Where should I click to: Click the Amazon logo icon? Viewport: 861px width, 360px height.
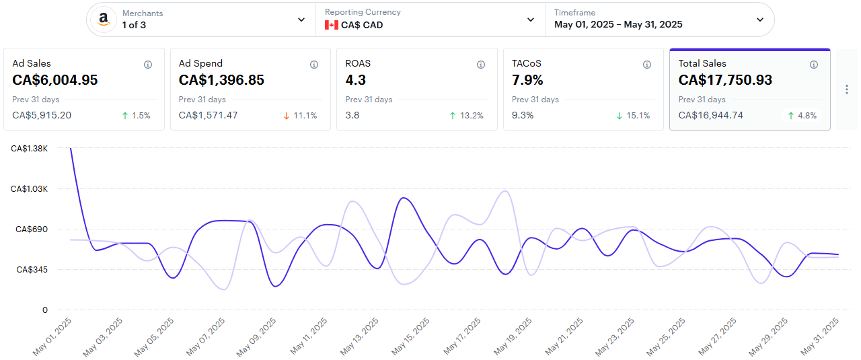click(x=103, y=20)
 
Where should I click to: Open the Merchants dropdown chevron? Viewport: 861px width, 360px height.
click(x=301, y=20)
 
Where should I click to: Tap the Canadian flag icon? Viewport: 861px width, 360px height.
click(x=331, y=25)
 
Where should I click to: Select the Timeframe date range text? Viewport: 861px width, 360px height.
click(x=618, y=25)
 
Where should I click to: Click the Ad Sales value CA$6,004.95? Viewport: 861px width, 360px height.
click(x=55, y=80)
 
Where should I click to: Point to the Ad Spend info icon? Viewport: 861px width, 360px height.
click(x=314, y=65)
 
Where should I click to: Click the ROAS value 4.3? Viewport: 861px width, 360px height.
click(x=355, y=80)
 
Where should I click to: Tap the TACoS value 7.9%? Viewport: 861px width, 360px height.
click(x=528, y=80)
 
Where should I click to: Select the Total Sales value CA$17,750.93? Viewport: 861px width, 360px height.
click(x=725, y=80)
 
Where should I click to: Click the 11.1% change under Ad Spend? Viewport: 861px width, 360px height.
click(x=305, y=116)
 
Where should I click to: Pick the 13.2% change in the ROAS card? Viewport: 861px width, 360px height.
click(x=471, y=116)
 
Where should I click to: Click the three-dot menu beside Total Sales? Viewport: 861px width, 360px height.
click(x=846, y=89)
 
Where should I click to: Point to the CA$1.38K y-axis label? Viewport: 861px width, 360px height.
click(x=30, y=149)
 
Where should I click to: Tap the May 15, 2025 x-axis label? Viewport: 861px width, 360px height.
click(x=412, y=336)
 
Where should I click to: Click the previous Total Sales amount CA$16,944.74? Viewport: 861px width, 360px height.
click(x=710, y=115)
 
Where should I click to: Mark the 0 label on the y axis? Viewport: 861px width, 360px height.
click(x=45, y=310)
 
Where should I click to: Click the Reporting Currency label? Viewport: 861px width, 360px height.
click(x=363, y=12)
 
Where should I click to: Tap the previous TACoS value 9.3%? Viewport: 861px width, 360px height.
click(x=523, y=115)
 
